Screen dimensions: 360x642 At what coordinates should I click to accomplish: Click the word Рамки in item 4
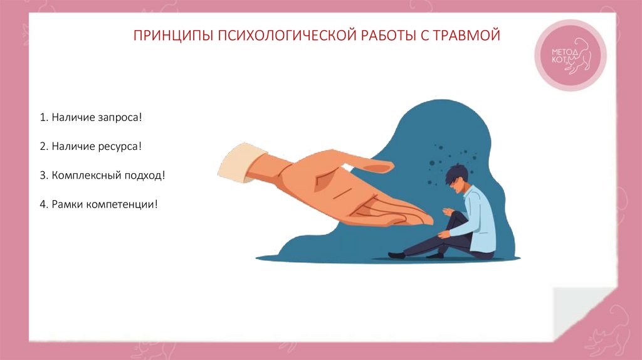click(x=65, y=204)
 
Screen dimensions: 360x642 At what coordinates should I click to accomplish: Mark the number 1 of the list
click(x=41, y=118)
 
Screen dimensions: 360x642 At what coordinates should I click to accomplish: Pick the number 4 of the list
click(x=41, y=204)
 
